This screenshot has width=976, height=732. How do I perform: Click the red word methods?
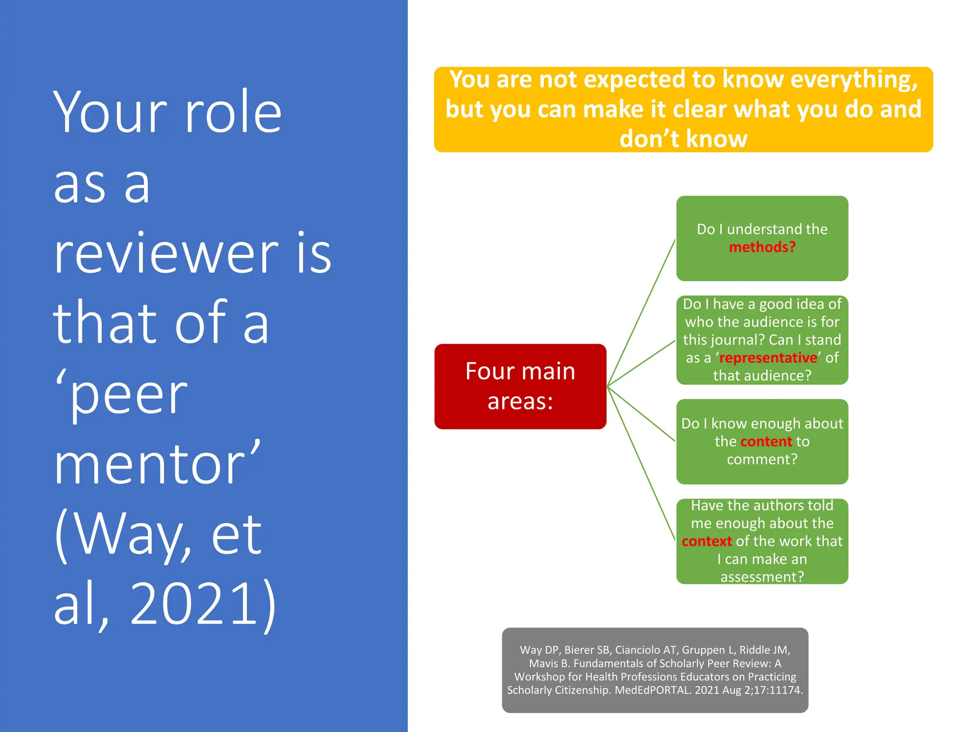[x=762, y=247]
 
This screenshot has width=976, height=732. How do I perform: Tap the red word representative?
[x=768, y=358]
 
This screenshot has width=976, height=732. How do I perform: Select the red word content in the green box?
[x=766, y=442]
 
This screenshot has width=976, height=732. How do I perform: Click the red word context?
[x=706, y=541]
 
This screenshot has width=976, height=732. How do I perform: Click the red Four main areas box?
[x=520, y=386]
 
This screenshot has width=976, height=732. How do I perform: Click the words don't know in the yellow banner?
[x=683, y=139]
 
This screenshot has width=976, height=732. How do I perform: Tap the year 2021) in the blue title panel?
[x=203, y=603]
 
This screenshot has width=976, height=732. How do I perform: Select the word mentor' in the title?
[x=157, y=464]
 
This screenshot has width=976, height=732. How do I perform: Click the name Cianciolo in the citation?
[x=638, y=650]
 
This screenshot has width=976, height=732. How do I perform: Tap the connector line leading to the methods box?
[x=641, y=312]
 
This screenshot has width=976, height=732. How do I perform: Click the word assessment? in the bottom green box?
[x=762, y=577]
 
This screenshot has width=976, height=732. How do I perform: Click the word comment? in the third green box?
[x=762, y=459]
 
